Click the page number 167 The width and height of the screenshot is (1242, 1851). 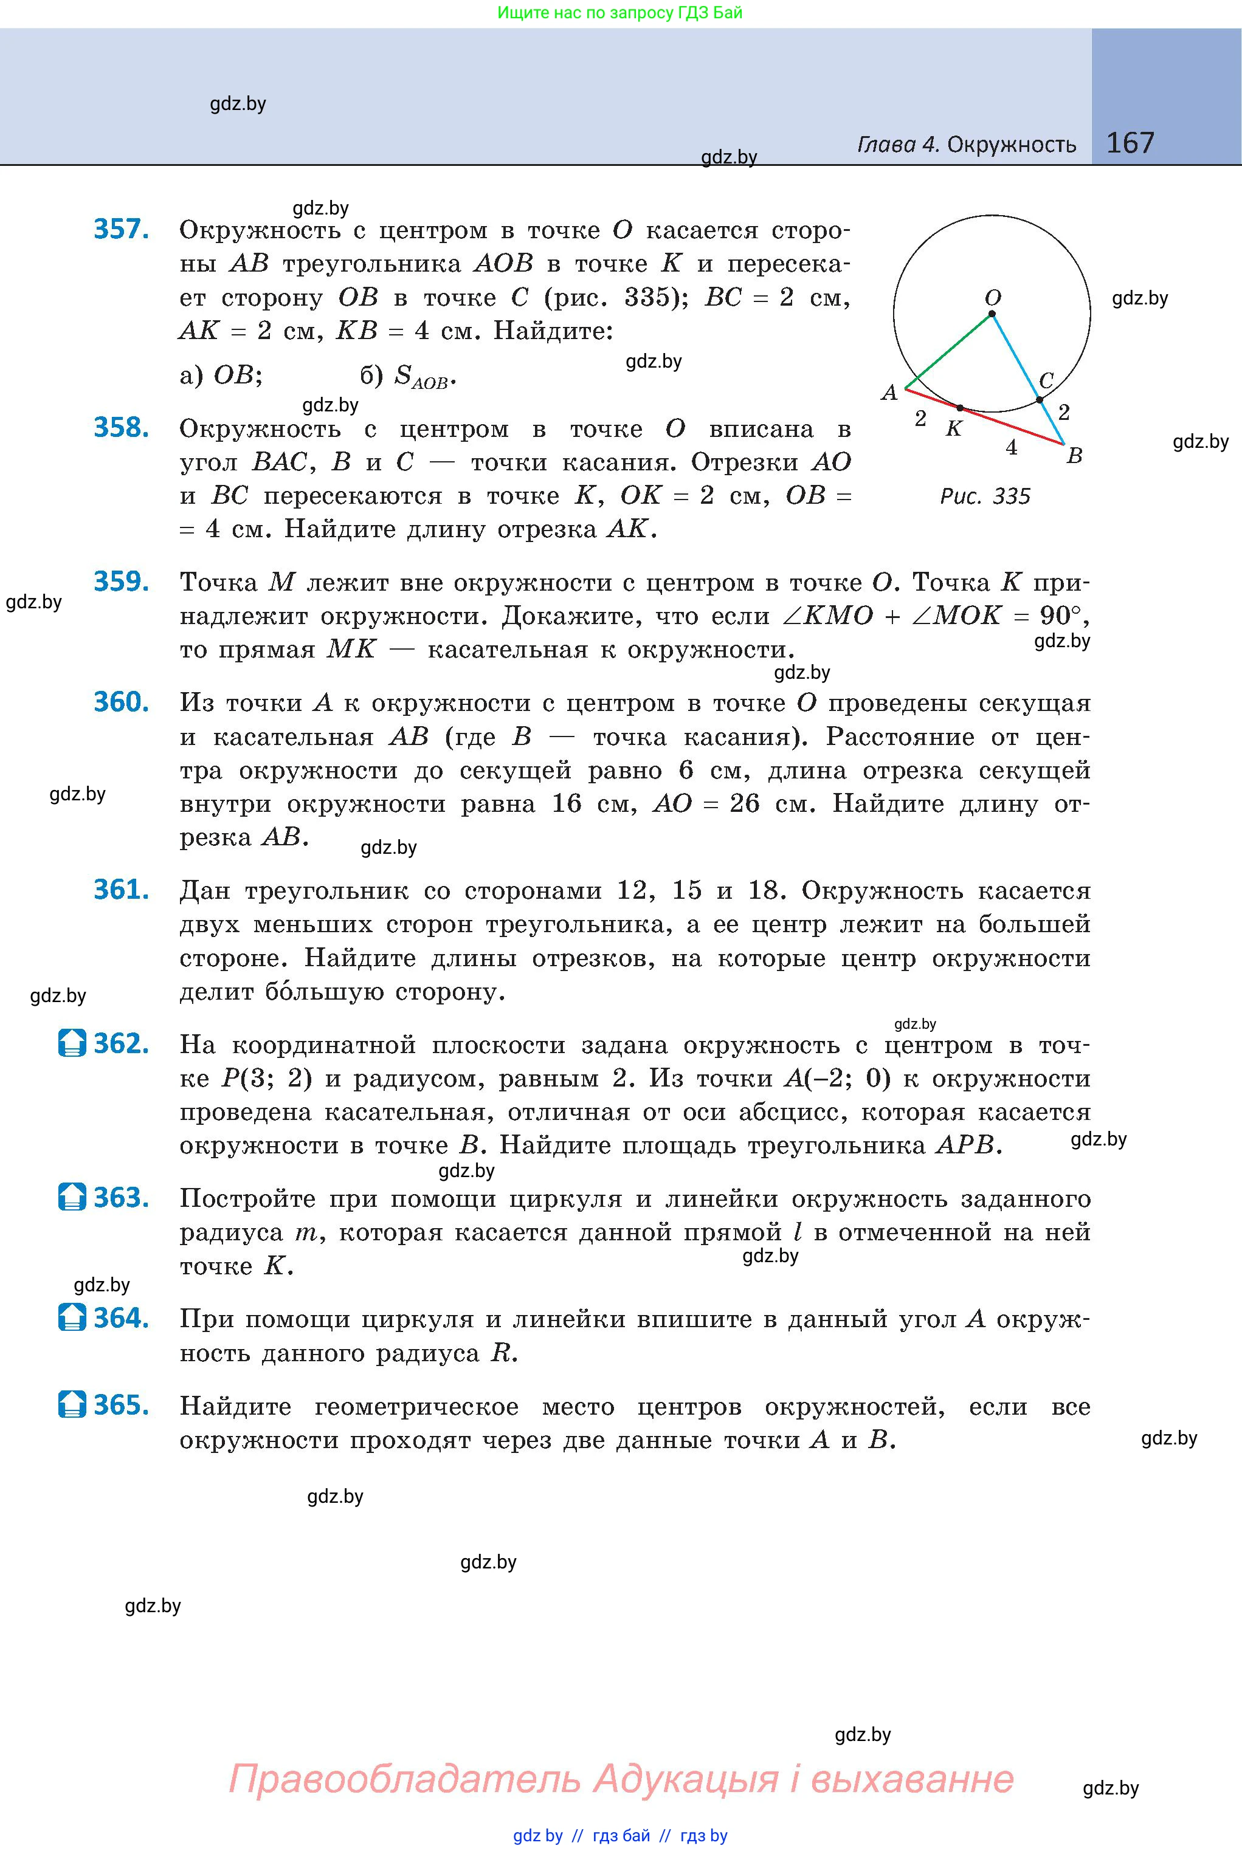(x=1130, y=143)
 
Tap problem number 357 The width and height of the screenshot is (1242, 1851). (x=121, y=229)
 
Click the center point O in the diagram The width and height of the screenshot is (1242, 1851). (x=992, y=314)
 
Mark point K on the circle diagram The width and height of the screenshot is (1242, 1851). (x=960, y=408)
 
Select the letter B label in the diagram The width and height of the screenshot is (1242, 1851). (x=1074, y=456)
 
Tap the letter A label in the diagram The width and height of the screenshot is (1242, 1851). (x=889, y=393)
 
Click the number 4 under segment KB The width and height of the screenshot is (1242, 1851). (x=1011, y=448)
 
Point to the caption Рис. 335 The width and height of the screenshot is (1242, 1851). (x=985, y=496)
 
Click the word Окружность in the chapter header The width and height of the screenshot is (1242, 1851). (x=1012, y=145)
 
